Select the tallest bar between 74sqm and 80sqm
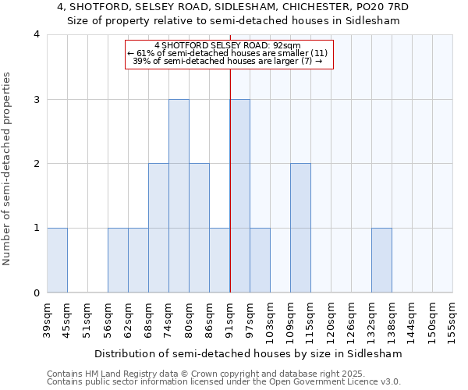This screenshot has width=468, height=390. pos(179,196)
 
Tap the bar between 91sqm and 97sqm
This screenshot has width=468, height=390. pos(239,196)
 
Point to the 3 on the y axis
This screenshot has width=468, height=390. pos(37,99)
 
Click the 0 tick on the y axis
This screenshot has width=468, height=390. pos(37,292)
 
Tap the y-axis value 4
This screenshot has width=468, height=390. pos(37,34)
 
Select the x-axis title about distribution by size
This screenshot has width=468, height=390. pos(249,353)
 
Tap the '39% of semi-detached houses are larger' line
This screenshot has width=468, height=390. pos(228,61)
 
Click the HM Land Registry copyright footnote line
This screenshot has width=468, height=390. pos(204,374)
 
